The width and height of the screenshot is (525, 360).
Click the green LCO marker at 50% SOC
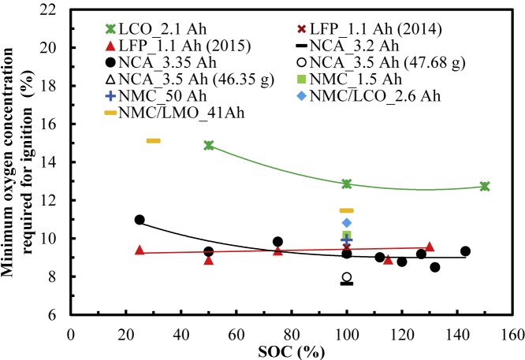(209, 146)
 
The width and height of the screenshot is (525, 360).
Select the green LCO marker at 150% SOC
(485, 187)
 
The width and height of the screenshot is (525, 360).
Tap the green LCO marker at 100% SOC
(347, 184)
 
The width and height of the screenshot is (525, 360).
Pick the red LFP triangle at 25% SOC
(140, 250)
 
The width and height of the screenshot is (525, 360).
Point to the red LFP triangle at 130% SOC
(430, 247)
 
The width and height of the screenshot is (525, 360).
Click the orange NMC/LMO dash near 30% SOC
(154, 141)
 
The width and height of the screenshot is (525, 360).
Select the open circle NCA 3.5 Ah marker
(347, 277)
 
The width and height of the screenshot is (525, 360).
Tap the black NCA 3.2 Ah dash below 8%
(347, 283)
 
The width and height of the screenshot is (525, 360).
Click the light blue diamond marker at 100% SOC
(347, 223)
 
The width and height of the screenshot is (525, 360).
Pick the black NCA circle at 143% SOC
(465, 251)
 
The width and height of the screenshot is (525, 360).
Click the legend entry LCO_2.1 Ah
(166, 29)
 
